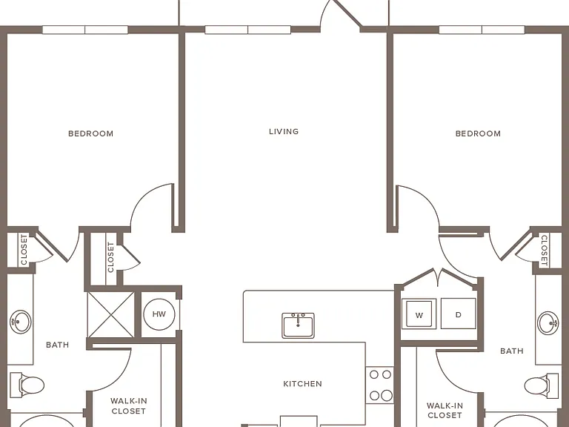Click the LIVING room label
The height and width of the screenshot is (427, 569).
click(284, 131)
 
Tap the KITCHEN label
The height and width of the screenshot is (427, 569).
click(302, 384)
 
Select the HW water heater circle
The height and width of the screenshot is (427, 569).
click(159, 314)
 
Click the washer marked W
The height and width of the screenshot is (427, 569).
click(419, 314)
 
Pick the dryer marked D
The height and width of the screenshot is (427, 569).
click(459, 314)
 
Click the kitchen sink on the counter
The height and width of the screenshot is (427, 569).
click(299, 325)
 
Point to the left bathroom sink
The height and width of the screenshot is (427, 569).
click(20, 321)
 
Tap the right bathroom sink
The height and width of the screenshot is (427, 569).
click(548, 322)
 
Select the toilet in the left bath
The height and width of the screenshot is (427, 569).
click(27, 385)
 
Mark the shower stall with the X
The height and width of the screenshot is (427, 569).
click(111, 314)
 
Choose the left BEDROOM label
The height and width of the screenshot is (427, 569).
click(90, 133)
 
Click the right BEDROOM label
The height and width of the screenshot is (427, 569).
click(478, 133)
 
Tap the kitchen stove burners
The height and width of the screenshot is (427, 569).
click(380, 385)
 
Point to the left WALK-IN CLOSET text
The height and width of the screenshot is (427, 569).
click(128, 406)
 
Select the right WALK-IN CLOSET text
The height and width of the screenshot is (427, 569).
click(445, 410)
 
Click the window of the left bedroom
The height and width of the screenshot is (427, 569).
click(85, 30)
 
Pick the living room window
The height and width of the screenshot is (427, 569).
click(248, 30)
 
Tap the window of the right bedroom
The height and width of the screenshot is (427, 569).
click(482, 30)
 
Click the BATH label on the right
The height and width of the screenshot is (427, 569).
click(512, 351)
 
